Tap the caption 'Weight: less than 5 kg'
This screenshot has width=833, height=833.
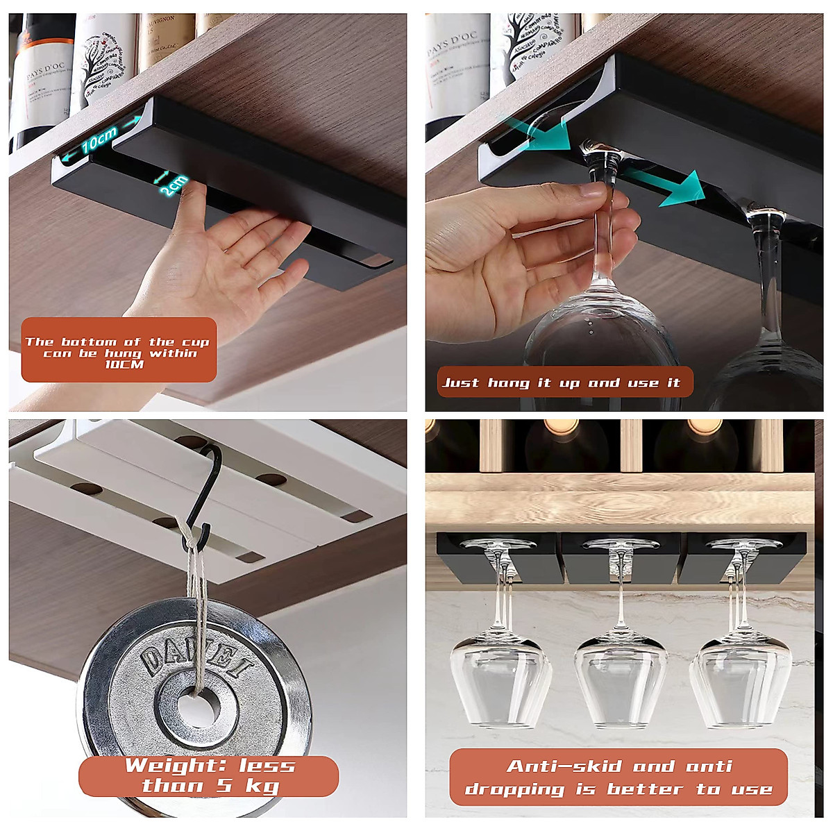click(209, 776)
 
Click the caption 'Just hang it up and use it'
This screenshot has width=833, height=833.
click(561, 382)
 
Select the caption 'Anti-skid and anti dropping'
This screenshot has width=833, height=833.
click(619, 777)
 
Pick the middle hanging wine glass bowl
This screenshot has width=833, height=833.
click(620, 677)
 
